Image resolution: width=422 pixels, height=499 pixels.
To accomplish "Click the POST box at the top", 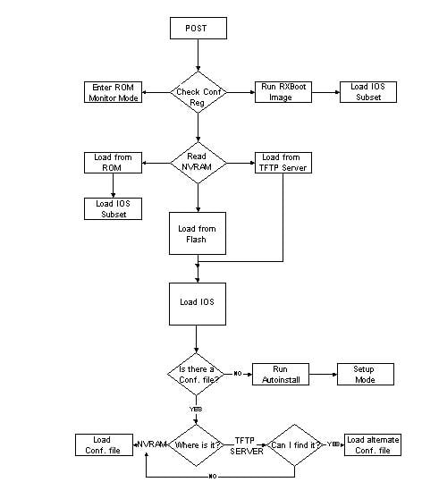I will point(196,28).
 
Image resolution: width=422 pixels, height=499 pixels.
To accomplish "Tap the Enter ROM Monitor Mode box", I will point(112,92).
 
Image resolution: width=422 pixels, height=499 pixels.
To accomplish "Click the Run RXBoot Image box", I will point(283,92).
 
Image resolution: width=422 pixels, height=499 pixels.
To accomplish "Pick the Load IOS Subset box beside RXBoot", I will point(367,92).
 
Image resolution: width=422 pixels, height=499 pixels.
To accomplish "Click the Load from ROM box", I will point(113,163).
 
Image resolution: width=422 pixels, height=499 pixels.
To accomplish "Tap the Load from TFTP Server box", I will point(283,163).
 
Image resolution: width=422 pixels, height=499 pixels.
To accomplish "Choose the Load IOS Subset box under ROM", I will point(113,207).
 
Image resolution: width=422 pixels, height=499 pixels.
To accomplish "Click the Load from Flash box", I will point(196,233).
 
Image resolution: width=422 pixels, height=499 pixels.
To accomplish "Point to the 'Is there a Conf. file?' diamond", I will point(196,373).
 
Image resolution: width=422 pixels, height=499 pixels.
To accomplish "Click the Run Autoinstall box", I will point(280,373).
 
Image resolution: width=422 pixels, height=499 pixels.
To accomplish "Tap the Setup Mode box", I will point(364,373).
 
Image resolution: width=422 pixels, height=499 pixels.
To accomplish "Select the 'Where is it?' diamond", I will point(196,444).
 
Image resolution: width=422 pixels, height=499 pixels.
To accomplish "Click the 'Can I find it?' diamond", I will point(296,444).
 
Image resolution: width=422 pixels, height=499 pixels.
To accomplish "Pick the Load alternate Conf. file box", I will point(373,444).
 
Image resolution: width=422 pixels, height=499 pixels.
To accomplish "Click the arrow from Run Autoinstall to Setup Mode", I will point(322,373).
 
